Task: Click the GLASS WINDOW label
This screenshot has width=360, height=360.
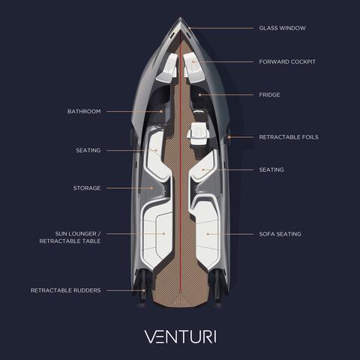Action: pyautogui.click(x=282, y=28)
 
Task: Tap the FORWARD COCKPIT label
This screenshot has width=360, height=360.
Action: pyautogui.click(x=287, y=61)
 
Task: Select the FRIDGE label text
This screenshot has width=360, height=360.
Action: pyautogui.click(x=269, y=94)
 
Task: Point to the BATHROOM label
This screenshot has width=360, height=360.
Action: pyautogui.click(x=84, y=111)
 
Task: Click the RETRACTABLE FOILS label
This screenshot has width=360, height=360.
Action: pyautogui.click(x=289, y=137)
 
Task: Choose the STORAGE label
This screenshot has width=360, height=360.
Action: pyautogui.click(x=87, y=188)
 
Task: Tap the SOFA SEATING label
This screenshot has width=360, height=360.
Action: pyautogui.click(x=280, y=234)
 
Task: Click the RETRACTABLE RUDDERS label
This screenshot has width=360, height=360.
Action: pyautogui.click(x=66, y=290)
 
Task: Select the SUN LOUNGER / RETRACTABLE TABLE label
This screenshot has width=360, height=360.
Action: pyautogui.click(x=70, y=237)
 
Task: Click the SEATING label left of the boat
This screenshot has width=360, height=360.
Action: pyautogui.click(x=88, y=150)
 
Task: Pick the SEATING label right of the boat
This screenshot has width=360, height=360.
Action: pyautogui.click(x=271, y=169)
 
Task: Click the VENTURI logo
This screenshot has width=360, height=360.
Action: pyautogui.click(x=180, y=337)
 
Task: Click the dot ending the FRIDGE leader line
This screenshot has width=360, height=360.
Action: pyautogui.click(x=199, y=94)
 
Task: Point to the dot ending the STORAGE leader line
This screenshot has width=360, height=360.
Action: pyautogui.click(x=151, y=188)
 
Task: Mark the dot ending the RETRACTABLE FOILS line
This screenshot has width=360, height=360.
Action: pyautogui.click(x=229, y=137)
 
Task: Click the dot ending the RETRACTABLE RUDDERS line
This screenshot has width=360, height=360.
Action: pyautogui.click(x=144, y=290)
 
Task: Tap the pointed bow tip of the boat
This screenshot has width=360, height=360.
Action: pyautogui.click(x=180, y=17)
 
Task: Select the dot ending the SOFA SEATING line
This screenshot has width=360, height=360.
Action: pyautogui.click(x=208, y=234)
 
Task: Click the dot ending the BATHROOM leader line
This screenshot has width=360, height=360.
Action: pyautogui.click(x=161, y=112)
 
